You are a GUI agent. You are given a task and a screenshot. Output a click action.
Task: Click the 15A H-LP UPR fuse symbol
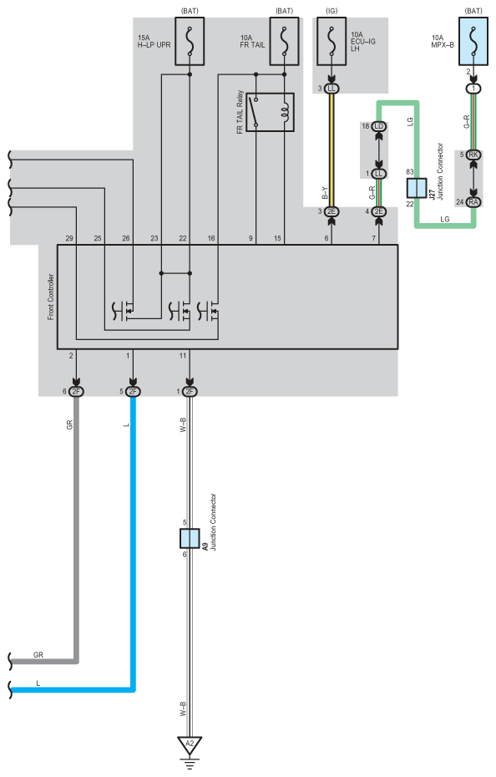coord(190,41)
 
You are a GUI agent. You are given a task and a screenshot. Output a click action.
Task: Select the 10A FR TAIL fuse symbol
coord(284,41)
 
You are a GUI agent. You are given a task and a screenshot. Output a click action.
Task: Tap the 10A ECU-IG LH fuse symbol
coord(332,41)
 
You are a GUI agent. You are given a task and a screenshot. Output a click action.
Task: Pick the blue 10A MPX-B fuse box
coord(473,41)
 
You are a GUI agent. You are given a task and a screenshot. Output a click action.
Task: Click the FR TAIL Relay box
coord(270,112)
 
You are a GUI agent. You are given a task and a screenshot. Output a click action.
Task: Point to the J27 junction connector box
coord(417,188)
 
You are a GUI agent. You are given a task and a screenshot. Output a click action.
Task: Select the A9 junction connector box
coord(190,539)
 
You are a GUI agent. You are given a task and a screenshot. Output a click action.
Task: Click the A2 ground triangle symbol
coord(190,744)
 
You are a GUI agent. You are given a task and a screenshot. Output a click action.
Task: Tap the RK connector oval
coord(473,155)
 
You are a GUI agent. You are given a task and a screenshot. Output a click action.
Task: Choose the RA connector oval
coord(473,201)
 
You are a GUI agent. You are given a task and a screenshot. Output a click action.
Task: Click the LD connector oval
coord(379,126)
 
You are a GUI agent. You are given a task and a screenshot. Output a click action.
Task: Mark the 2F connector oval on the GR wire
coord(76,392)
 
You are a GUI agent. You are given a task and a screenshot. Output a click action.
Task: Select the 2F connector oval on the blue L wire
coord(133,392)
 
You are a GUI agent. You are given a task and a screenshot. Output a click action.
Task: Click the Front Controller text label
coord(51,297)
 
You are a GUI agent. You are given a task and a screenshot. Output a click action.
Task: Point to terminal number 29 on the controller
coord(69,238)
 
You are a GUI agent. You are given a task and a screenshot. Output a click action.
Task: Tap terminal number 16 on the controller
coord(211,238)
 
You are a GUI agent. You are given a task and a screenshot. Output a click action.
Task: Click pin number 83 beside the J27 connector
coord(410,172)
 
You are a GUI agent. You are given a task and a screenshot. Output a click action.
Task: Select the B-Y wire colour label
coord(325,193)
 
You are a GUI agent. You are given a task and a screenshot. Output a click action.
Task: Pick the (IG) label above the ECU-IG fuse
coord(332,11)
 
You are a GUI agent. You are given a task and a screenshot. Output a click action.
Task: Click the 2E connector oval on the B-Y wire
coord(332,211)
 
